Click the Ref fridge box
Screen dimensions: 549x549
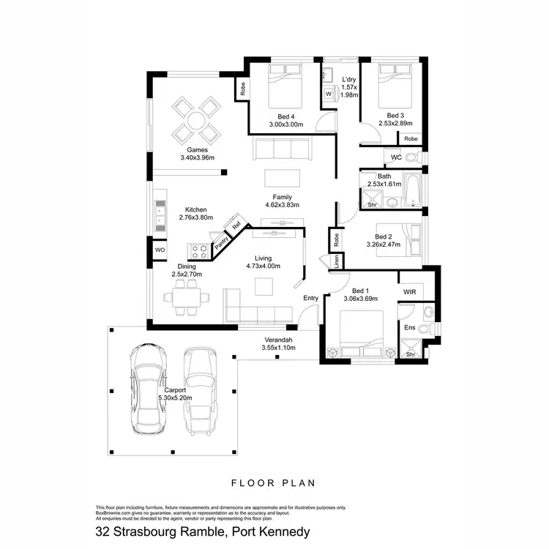point(236,226)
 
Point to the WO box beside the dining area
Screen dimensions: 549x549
point(160,250)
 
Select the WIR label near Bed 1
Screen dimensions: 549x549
point(410,291)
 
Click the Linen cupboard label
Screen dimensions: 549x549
point(336,262)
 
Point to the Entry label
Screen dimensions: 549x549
point(311,297)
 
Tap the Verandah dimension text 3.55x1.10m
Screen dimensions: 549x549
point(277,348)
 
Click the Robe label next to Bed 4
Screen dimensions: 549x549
point(242,87)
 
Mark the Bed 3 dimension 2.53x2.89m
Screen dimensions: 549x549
point(395,124)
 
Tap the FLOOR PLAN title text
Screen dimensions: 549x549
point(273,482)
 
